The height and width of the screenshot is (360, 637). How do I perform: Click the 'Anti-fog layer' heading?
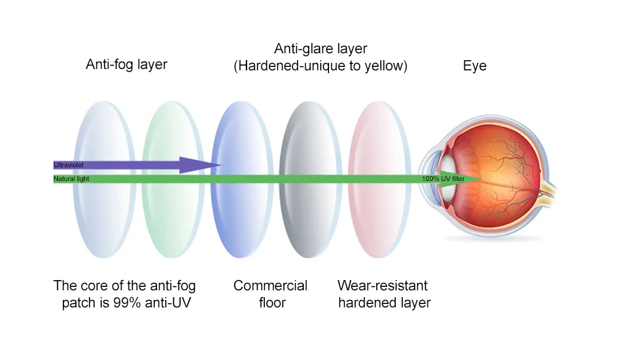click(126, 65)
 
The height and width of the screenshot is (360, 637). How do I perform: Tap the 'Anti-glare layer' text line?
click(320, 49)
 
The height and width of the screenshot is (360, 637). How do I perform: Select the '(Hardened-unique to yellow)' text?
click(320, 66)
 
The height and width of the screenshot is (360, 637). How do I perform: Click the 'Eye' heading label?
click(475, 66)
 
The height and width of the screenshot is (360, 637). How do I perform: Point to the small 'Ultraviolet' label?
click(68, 165)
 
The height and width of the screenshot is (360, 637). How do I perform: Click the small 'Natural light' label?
click(72, 179)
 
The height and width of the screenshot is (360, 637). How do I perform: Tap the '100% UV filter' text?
click(443, 179)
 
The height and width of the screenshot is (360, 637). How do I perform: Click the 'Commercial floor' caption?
click(270, 294)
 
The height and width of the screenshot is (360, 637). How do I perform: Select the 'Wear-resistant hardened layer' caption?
click(384, 294)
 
